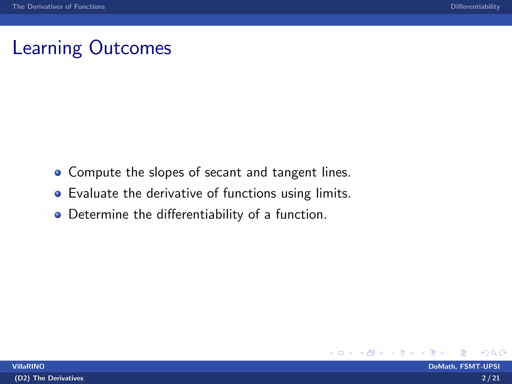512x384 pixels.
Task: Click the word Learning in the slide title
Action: click(x=47, y=48)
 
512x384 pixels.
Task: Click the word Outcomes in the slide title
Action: click(x=130, y=48)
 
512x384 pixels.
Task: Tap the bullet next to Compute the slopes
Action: click(x=58, y=173)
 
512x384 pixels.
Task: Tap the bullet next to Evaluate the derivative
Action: click(x=58, y=194)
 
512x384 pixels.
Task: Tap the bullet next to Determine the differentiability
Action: click(x=58, y=215)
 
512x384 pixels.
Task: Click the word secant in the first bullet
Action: click(x=223, y=172)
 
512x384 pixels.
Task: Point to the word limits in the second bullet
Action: click(x=333, y=193)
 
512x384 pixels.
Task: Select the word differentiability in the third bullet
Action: click(x=200, y=215)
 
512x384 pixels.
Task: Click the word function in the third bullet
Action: click(x=301, y=214)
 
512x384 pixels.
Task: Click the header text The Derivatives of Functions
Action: click(x=58, y=7)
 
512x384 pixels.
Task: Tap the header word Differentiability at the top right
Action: click(x=475, y=7)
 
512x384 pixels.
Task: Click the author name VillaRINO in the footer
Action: click(x=28, y=366)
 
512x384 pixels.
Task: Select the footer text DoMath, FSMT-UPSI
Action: click(x=464, y=366)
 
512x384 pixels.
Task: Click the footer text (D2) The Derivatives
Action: click(x=49, y=378)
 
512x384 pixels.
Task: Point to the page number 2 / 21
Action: click(x=490, y=378)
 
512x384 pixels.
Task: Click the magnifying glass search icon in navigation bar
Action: click(x=494, y=353)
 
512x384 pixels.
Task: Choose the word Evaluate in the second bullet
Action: click(x=93, y=193)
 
